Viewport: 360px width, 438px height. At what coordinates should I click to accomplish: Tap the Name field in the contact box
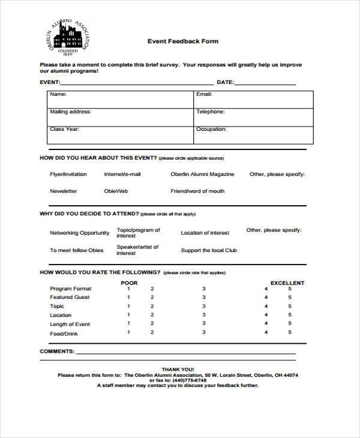tap(58, 94)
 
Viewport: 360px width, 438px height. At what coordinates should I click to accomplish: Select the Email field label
tap(204, 94)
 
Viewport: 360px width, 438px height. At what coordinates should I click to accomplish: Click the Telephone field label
tap(210, 112)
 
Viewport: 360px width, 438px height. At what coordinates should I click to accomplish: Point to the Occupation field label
tap(211, 129)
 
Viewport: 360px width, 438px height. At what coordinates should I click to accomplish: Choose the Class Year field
tap(64, 129)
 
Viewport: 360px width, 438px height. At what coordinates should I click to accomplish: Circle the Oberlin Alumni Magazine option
tap(202, 174)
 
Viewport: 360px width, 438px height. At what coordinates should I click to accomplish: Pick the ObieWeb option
tap(116, 191)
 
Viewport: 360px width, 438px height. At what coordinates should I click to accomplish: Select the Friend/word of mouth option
tap(197, 191)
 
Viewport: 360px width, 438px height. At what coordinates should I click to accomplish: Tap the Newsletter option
tap(63, 191)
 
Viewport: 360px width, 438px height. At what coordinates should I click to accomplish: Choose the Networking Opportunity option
tap(79, 233)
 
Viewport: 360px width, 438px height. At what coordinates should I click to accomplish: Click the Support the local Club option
tap(209, 250)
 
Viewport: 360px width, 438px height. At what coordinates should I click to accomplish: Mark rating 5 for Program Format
tap(290, 289)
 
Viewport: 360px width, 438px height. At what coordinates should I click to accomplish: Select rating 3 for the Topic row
tap(203, 306)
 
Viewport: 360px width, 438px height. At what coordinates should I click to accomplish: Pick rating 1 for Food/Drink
tap(128, 332)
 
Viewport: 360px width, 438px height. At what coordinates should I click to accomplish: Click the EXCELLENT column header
tap(287, 283)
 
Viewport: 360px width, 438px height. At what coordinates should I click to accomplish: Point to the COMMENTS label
tap(57, 351)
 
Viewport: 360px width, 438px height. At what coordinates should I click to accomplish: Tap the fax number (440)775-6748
tap(189, 380)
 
